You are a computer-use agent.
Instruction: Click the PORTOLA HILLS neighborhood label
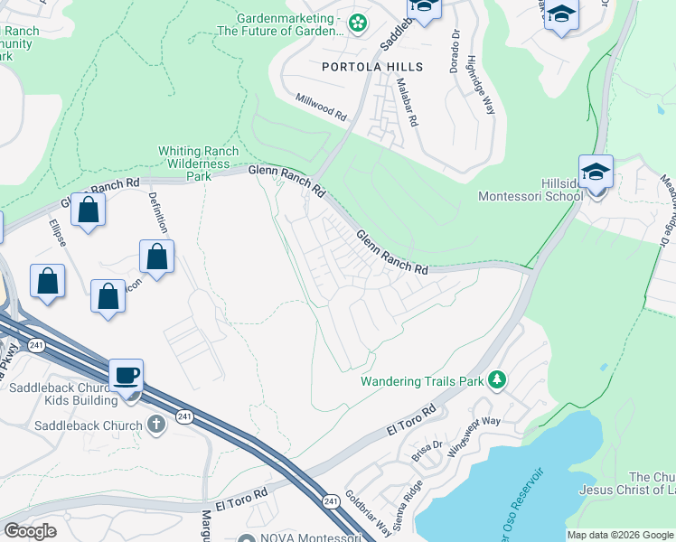click(x=372, y=68)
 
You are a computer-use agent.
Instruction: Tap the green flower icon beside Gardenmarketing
click(x=358, y=23)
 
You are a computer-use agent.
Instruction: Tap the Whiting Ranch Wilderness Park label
click(x=198, y=164)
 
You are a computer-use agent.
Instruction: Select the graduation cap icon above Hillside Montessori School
click(x=596, y=172)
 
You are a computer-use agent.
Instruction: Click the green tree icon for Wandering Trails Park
click(x=495, y=380)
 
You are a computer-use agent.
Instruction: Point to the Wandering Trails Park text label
click(x=422, y=381)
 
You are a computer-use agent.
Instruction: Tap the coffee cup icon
click(x=127, y=374)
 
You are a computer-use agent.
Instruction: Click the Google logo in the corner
click(x=30, y=531)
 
